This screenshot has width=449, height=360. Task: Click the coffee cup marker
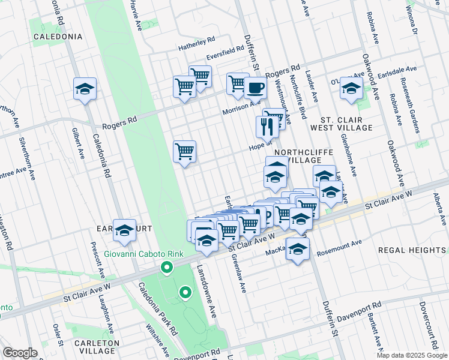255,88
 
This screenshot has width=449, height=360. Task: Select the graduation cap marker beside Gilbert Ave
85,89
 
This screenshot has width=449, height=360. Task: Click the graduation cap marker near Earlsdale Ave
351,88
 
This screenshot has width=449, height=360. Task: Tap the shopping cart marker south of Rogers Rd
184,151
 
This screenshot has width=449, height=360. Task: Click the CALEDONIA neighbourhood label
58,37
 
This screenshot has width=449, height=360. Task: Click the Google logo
20,353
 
